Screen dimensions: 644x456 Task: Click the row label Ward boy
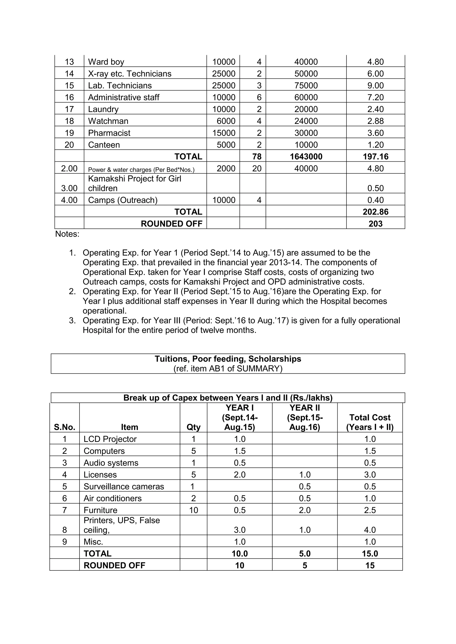tap(106, 62)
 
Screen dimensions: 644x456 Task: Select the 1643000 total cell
tap(306, 157)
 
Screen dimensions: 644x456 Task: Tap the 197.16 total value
tap(375, 157)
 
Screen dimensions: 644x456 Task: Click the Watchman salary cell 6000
tap(226, 121)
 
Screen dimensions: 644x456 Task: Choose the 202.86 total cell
tap(375, 212)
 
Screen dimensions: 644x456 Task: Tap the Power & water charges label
tap(141, 170)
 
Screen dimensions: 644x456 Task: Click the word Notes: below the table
tap(67, 234)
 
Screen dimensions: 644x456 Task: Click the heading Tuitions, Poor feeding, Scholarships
tap(228, 359)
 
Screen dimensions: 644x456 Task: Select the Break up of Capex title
tap(228, 398)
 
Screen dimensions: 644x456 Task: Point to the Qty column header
tap(193, 427)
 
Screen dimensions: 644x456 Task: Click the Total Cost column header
tap(370, 422)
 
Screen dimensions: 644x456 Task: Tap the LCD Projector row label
tap(110, 439)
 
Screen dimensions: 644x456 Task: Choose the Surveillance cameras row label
tap(124, 487)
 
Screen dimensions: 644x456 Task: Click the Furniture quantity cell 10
tap(193, 510)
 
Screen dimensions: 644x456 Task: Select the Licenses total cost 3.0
tap(370, 475)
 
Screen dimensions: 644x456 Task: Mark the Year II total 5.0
tap(305, 554)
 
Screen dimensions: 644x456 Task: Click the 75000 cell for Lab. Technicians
tap(306, 86)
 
